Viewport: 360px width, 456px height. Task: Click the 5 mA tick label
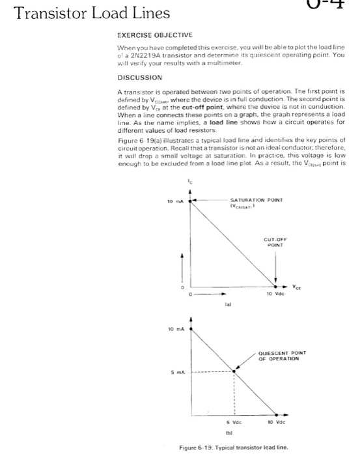point(176,372)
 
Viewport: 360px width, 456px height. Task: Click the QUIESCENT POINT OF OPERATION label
point(283,355)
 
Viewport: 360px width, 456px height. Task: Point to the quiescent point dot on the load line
point(234,371)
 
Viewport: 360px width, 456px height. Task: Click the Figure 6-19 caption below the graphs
point(234,447)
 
